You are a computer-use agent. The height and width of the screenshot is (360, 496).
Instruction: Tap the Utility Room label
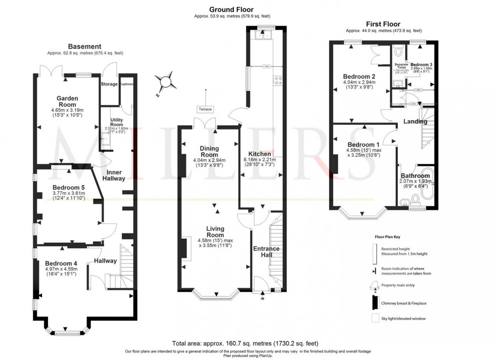pyautogui.click(x=117, y=122)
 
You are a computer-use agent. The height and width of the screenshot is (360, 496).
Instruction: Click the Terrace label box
pyautogui.click(x=205, y=109)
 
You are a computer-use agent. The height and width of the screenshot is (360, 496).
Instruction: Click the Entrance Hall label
pyautogui.click(x=266, y=252)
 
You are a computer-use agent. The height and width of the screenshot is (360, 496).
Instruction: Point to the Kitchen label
pyautogui.click(x=259, y=154)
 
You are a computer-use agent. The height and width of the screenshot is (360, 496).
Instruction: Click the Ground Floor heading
pyautogui.click(x=231, y=9)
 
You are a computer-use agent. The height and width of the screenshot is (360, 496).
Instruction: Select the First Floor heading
pyautogui.click(x=383, y=24)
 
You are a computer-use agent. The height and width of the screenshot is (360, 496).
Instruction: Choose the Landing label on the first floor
pyautogui.click(x=415, y=121)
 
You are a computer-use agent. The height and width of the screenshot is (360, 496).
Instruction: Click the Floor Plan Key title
pyautogui.click(x=388, y=236)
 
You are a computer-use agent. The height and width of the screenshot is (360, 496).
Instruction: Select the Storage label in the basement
pyautogui.click(x=109, y=84)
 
